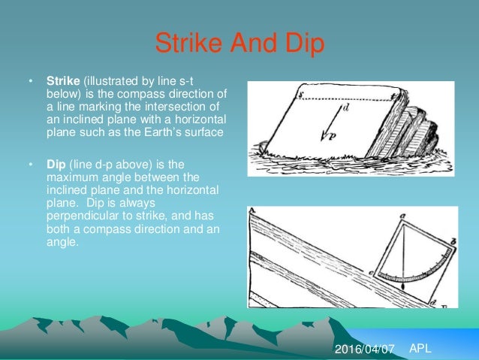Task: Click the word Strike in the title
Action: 185,43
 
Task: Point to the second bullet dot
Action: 31,164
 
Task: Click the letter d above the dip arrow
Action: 345,108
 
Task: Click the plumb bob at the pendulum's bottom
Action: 403,286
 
